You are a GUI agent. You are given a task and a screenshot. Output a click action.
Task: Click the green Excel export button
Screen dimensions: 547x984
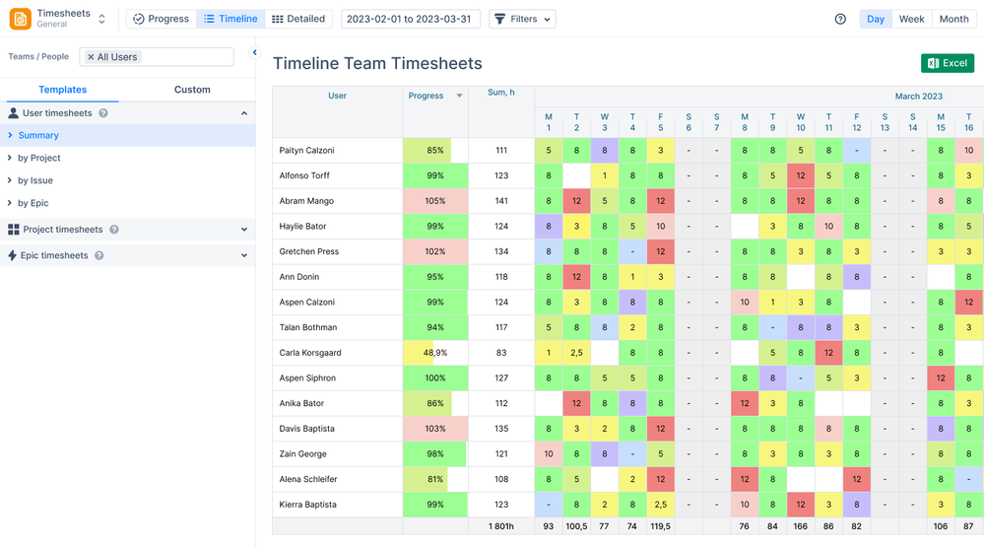coord(947,63)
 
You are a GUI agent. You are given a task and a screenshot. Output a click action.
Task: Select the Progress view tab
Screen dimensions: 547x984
coord(161,19)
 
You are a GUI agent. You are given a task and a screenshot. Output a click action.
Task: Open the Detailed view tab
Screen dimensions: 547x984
coord(298,19)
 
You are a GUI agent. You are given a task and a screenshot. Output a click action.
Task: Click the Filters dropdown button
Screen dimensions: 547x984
coord(522,19)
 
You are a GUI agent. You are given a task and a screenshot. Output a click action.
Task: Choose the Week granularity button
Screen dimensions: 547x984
coord(911,19)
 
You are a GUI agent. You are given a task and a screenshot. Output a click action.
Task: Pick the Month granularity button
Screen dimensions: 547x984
coord(953,19)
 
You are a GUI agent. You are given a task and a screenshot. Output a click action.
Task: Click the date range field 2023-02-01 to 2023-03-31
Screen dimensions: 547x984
coord(410,19)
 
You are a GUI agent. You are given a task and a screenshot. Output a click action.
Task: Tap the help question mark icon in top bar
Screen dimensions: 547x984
coord(840,19)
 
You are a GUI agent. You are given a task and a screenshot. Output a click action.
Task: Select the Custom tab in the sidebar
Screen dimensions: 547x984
coord(192,90)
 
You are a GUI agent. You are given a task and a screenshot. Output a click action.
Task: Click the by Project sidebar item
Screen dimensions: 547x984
coord(39,158)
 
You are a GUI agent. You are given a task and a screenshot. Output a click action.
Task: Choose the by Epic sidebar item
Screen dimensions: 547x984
coord(33,203)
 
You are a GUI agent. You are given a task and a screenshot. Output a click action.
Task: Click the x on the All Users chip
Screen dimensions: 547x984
coord(91,57)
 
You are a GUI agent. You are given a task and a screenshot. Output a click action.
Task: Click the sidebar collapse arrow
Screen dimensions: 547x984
coord(255,53)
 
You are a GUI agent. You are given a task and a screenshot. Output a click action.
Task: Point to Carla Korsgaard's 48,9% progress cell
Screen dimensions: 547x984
coord(434,353)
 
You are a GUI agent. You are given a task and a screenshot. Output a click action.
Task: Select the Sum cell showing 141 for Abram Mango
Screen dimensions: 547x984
coord(501,201)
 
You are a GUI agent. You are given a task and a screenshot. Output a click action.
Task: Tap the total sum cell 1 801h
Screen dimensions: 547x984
coord(501,526)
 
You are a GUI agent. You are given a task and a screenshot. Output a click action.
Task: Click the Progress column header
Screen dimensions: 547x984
coord(426,96)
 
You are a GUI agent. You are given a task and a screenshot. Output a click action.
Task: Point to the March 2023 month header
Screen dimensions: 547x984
coord(918,97)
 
